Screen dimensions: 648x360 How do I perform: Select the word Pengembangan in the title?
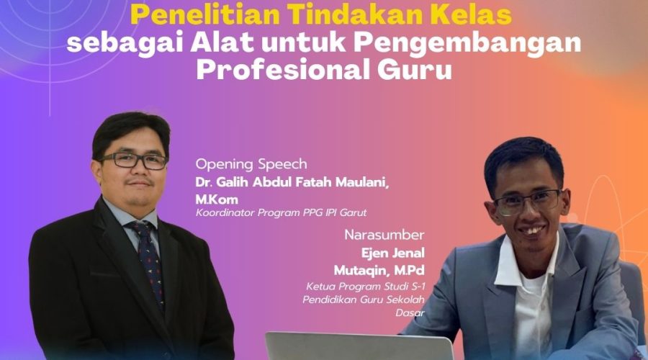point(467,43)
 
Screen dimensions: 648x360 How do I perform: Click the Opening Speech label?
point(251,164)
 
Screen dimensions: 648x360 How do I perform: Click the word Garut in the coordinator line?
point(353,213)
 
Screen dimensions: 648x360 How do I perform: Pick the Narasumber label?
point(384,235)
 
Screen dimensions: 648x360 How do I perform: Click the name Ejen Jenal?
point(393,253)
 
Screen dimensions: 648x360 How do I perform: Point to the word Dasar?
point(410,313)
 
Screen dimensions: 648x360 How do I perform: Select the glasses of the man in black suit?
point(133,161)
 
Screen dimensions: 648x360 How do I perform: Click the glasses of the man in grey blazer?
point(528,202)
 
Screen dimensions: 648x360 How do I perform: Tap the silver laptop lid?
point(359,346)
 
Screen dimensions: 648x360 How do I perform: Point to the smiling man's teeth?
point(532,230)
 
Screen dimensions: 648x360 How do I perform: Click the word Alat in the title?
point(222,43)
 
